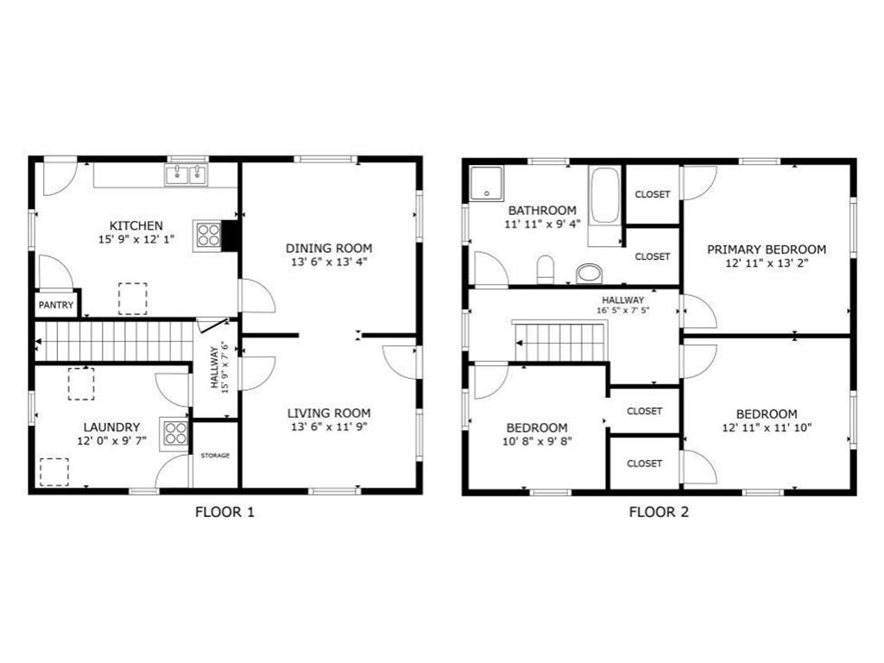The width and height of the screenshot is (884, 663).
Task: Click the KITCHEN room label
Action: click(136, 225)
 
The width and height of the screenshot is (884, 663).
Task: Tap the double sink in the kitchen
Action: click(186, 174)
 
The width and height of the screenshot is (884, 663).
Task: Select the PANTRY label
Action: click(56, 305)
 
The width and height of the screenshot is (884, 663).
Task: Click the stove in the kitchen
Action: click(207, 236)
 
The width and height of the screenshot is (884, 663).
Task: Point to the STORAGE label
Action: click(215, 456)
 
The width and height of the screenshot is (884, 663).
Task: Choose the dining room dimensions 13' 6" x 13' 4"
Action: click(329, 262)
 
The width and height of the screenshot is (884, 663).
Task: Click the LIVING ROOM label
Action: click(329, 414)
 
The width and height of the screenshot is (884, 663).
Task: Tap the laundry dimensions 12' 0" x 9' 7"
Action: click(111, 441)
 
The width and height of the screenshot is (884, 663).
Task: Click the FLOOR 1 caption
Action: click(225, 512)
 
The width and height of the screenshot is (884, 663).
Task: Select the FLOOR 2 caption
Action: click(659, 512)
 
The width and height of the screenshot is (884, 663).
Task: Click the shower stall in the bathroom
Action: click(487, 183)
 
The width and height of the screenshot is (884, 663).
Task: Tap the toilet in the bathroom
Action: click(546, 269)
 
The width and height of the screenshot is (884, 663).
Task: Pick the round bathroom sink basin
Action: click(589, 274)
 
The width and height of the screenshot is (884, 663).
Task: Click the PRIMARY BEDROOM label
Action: click(767, 249)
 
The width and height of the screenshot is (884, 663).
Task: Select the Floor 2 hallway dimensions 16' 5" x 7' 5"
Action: click(623, 310)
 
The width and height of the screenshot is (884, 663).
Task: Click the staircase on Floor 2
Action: click(559, 342)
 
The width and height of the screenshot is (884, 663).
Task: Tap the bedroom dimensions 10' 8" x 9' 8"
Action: click(537, 441)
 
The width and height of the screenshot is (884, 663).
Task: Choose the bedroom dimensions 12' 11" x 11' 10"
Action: click(767, 427)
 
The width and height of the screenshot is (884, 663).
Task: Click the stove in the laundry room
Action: click(174, 433)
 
